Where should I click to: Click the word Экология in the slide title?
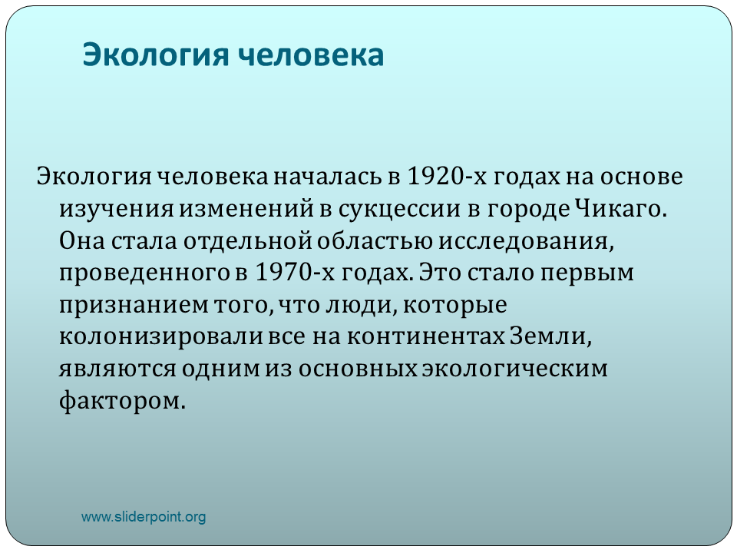point(156,55)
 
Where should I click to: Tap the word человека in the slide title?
point(311,55)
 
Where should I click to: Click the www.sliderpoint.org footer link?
point(144,517)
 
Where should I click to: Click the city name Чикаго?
point(620,209)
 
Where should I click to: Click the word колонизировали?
point(160,336)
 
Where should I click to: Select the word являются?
point(117,368)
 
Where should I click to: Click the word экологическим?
point(514,368)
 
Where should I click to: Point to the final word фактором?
point(123,401)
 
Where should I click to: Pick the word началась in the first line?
point(329,177)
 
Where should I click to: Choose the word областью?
point(375,240)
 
